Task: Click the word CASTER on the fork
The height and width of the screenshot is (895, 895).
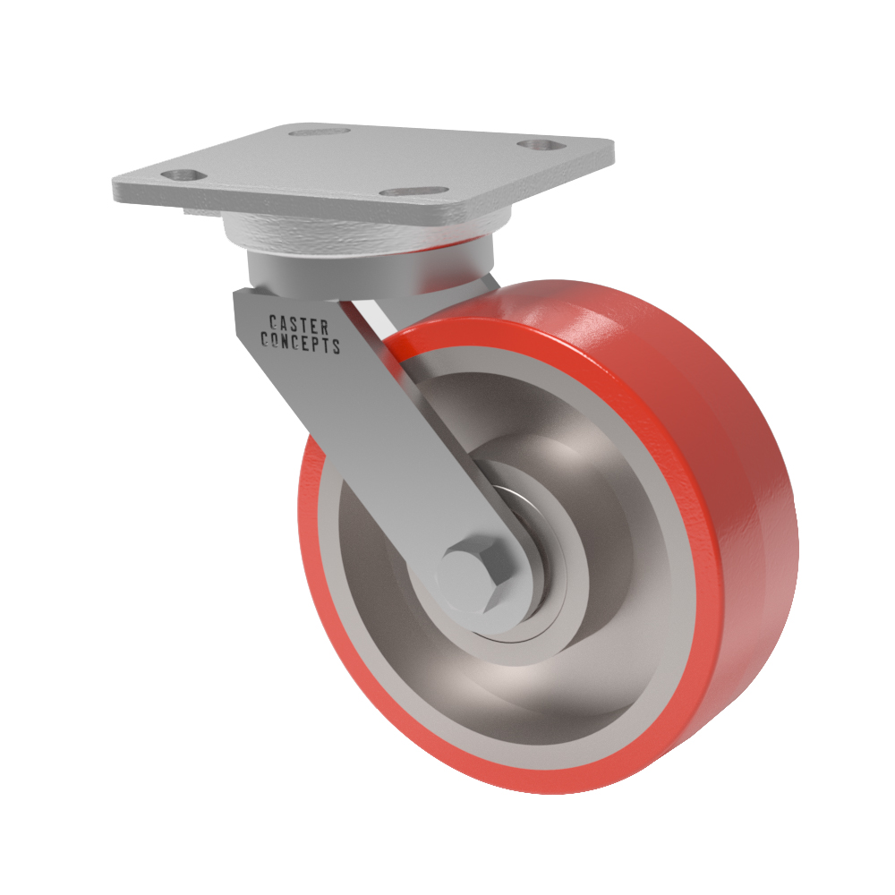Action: (299, 326)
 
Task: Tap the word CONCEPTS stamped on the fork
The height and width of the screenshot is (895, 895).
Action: (301, 343)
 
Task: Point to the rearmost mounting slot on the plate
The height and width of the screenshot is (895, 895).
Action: (319, 132)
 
